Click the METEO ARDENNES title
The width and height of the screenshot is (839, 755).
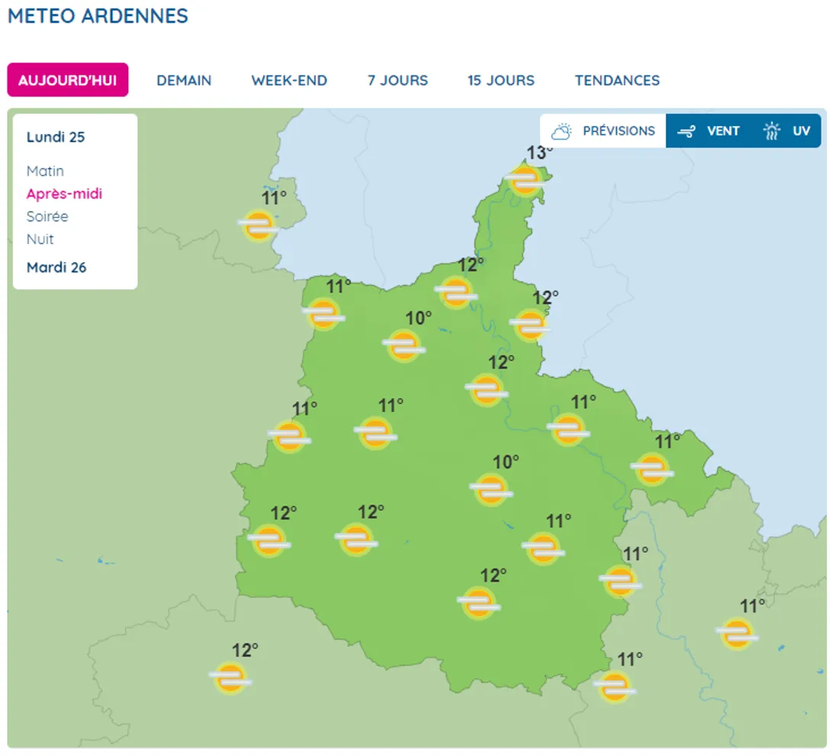[x=98, y=16]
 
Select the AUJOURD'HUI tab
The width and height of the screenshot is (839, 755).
[x=68, y=80]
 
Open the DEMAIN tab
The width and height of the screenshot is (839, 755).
[x=184, y=80]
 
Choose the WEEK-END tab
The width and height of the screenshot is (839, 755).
[x=289, y=80]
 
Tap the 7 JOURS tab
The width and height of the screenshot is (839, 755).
[x=397, y=80]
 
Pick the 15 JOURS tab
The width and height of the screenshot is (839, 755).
[x=501, y=80]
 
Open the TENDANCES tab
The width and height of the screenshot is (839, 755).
[x=617, y=80]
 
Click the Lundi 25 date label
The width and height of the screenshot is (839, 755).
[x=56, y=137]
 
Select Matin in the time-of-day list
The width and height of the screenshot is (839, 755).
[x=45, y=171]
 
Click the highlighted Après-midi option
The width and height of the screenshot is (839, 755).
[x=64, y=194]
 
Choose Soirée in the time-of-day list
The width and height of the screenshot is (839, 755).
[x=47, y=217]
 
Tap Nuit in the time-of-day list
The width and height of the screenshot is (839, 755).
[x=40, y=239]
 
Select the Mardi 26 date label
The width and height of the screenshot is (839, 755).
[x=56, y=268]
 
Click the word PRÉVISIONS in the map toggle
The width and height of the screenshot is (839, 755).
[x=619, y=131]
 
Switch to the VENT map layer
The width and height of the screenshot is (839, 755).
[x=722, y=131]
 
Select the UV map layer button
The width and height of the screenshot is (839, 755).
[x=800, y=131]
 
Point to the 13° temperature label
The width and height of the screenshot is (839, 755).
[x=539, y=153]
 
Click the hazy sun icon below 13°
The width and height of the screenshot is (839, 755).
[x=526, y=182]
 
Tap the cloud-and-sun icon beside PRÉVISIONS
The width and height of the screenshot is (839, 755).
[x=562, y=131]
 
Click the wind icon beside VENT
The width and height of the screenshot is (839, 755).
[x=686, y=131]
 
